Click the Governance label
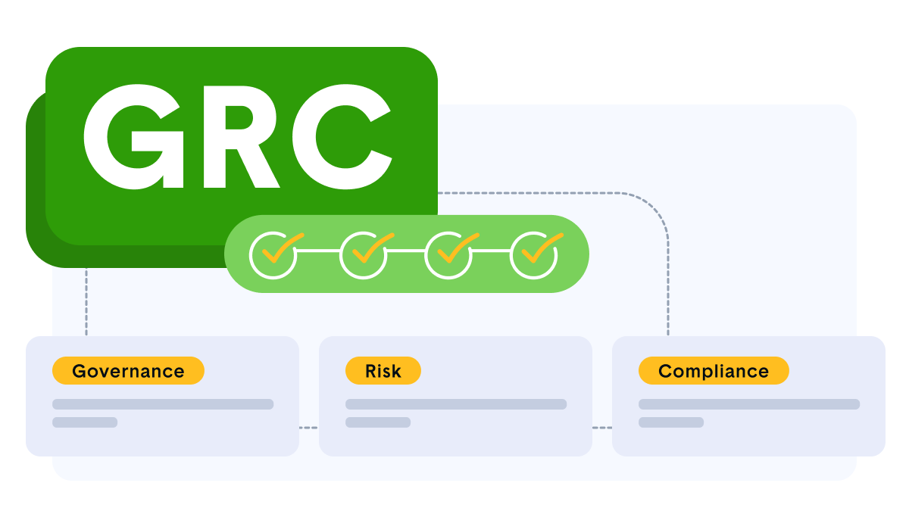tap(128, 371)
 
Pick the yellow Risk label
tap(383, 371)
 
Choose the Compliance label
tap(714, 371)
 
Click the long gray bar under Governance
tap(163, 404)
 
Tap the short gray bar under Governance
tap(85, 422)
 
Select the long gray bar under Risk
tap(456, 404)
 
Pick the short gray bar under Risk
tap(378, 422)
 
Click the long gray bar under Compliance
tap(749, 404)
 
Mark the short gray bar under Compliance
tap(671, 422)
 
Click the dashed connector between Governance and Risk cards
tap(308, 428)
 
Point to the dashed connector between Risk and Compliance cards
tap(601, 428)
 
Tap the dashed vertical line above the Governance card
tap(86, 303)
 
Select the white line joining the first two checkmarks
tap(318, 250)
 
